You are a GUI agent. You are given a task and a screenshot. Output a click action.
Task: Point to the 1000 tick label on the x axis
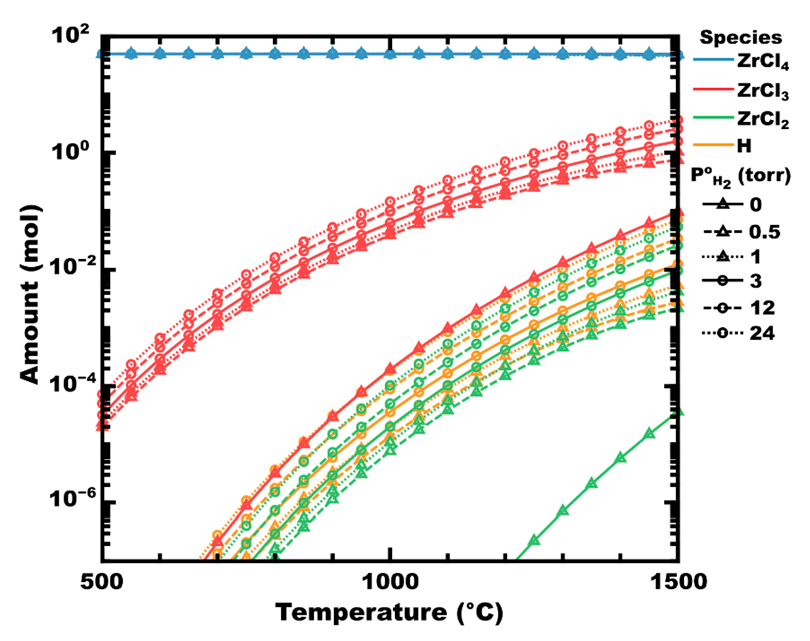click(x=390, y=581)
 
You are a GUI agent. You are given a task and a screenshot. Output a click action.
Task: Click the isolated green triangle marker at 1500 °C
click(x=678, y=412)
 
